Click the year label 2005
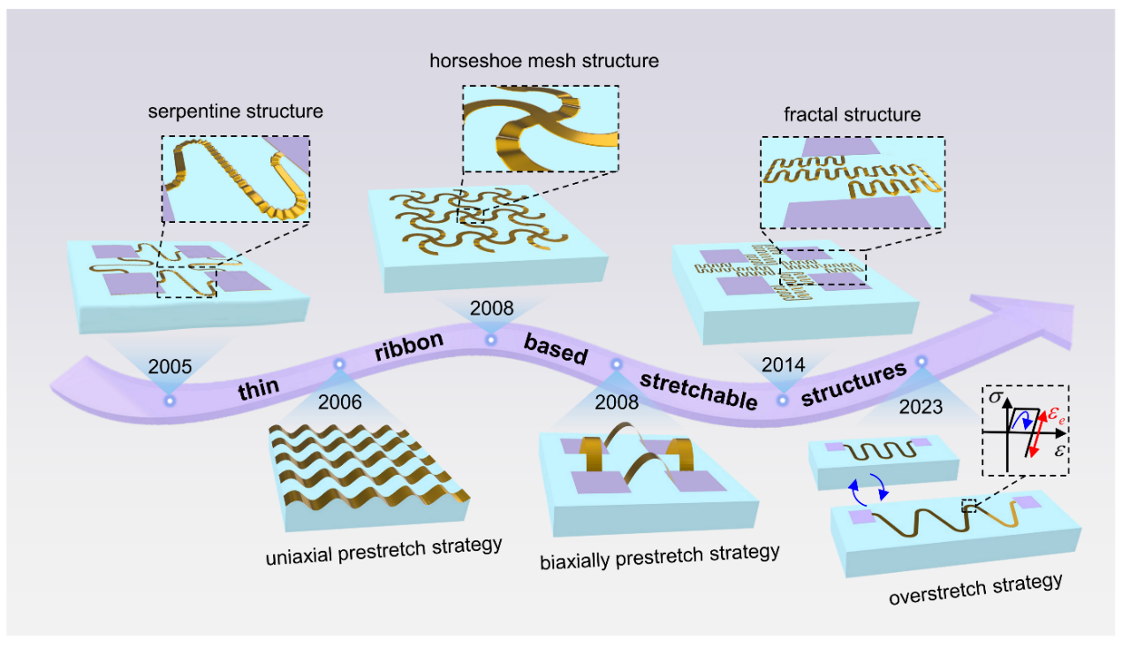pos(170,365)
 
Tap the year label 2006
pos(339,402)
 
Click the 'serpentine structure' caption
pos(235,112)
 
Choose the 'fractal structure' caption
pos(852,115)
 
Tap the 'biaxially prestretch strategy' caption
pos(660,554)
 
